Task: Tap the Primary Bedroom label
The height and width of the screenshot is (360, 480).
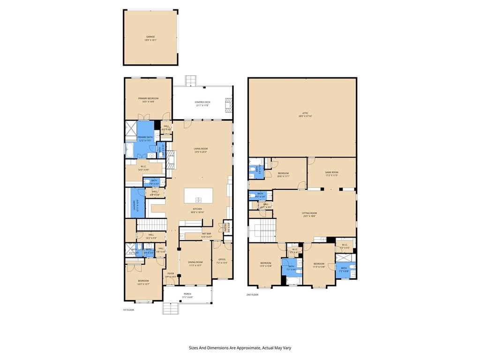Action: tap(148, 98)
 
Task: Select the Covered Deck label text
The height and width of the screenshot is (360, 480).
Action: tap(203, 102)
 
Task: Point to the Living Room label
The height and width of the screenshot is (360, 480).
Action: tap(201, 149)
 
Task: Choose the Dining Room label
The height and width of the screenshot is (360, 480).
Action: tap(195, 262)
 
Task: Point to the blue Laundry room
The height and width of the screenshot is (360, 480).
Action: tap(138, 206)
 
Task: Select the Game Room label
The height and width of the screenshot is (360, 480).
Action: tap(331, 172)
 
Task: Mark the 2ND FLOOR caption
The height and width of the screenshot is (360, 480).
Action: tap(252, 295)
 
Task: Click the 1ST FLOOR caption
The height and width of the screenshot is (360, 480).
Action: tap(128, 310)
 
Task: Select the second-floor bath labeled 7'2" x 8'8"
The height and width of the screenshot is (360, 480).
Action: tap(344, 268)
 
